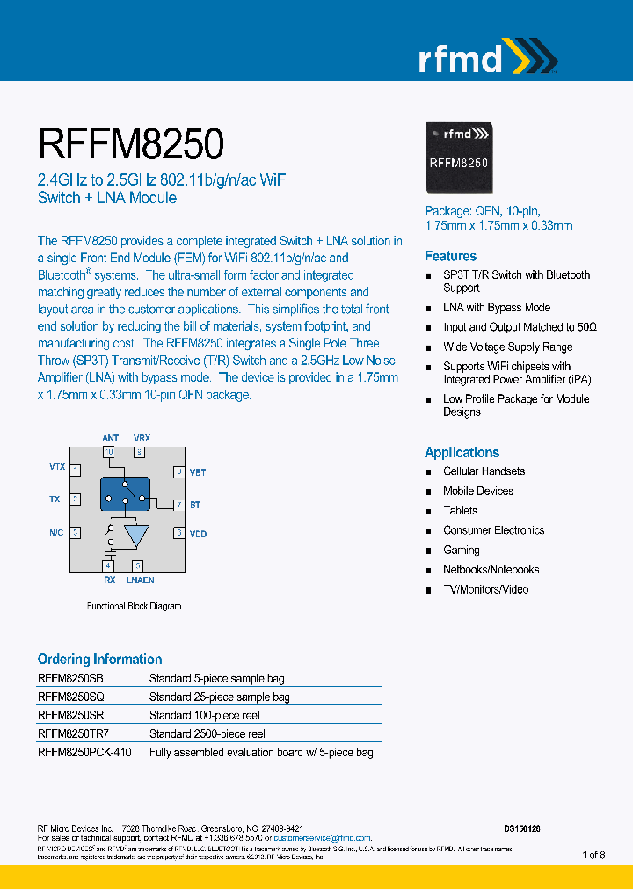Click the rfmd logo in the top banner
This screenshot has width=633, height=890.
pyautogui.click(x=485, y=58)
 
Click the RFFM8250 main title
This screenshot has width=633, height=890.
pyautogui.click(x=130, y=142)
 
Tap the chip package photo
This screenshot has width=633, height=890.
pyautogui.click(x=458, y=157)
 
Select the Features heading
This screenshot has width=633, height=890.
pyautogui.click(x=450, y=256)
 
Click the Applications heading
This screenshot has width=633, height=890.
pyautogui.click(x=462, y=452)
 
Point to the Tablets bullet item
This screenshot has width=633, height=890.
pyautogui.click(x=460, y=511)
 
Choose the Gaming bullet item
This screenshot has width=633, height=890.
pyautogui.click(x=461, y=550)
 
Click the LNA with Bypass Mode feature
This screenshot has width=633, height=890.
pyautogui.click(x=497, y=308)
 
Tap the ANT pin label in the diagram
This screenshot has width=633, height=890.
pyautogui.click(x=110, y=438)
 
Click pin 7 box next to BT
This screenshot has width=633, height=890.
pyautogui.click(x=178, y=505)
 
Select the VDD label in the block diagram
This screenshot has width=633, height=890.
pyautogui.click(x=198, y=534)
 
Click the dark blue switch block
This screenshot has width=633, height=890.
pyautogui.click(x=125, y=493)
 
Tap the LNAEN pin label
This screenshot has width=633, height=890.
pyautogui.click(x=141, y=580)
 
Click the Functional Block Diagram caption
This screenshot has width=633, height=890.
pyautogui.click(x=134, y=606)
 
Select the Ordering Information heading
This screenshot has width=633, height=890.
pyautogui.click(x=99, y=659)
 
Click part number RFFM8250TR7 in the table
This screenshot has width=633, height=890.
pyautogui.click(x=73, y=733)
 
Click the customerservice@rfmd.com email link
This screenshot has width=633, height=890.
pyautogui.click(x=323, y=839)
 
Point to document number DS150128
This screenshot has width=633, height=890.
pyautogui.click(x=521, y=828)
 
